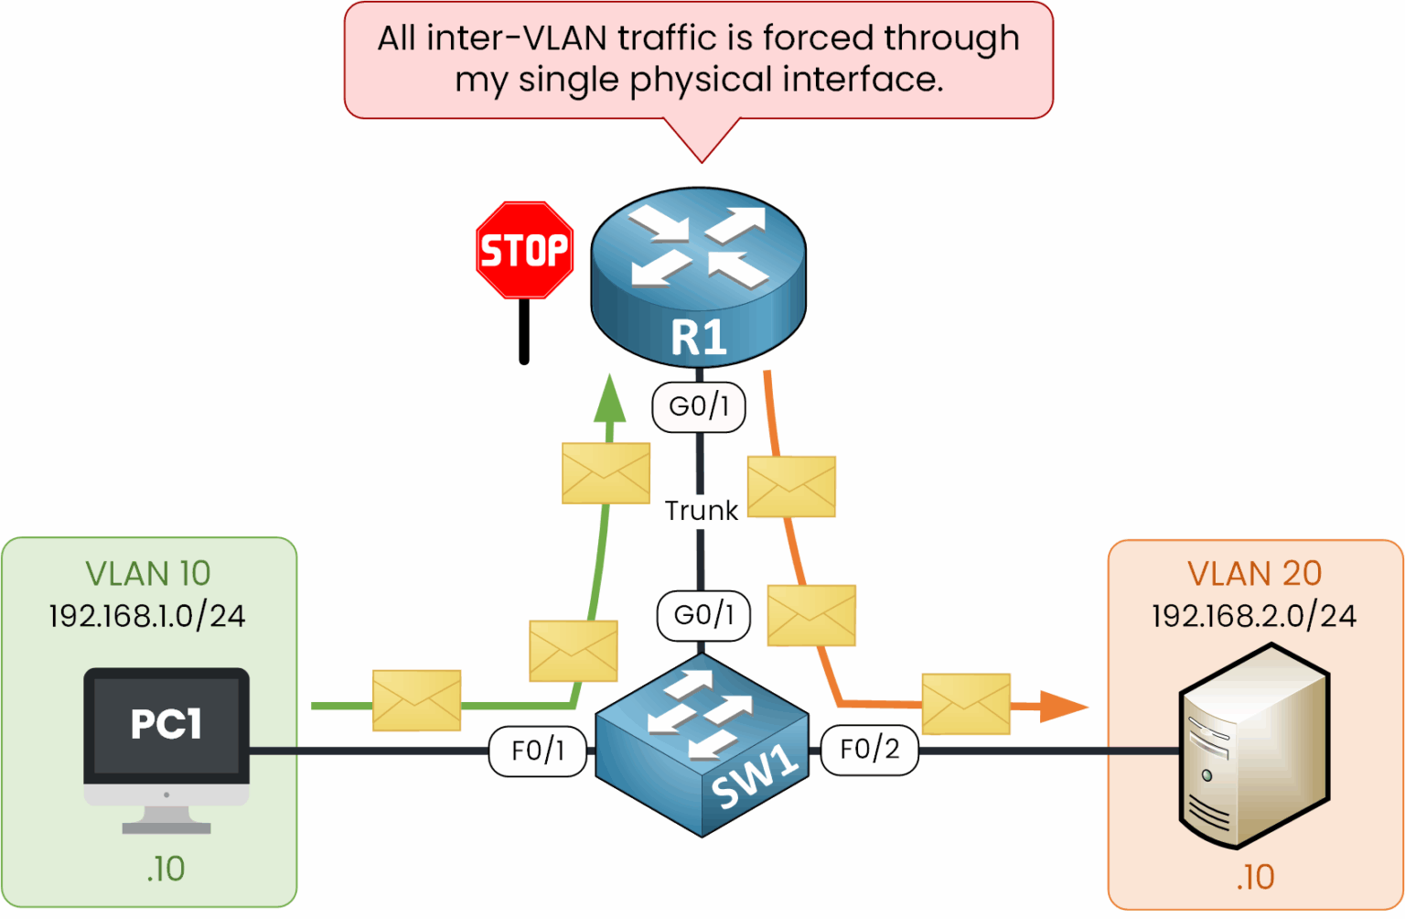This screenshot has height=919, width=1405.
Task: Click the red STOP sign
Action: (524, 251)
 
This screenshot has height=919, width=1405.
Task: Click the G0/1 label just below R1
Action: (699, 406)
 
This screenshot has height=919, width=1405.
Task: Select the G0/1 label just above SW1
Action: (703, 616)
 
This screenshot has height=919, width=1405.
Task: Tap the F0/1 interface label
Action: (538, 751)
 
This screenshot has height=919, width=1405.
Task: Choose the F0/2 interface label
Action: (869, 750)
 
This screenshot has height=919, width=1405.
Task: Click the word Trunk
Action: (701, 511)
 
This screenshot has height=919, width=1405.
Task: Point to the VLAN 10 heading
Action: (148, 574)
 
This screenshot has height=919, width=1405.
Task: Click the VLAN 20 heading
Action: (1254, 574)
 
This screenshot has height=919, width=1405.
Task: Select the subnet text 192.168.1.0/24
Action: (147, 616)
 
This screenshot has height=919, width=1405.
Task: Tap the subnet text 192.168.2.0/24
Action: (1253, 616)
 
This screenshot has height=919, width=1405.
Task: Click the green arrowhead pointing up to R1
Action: (610, 399)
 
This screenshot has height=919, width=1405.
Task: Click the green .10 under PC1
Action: (166, 869)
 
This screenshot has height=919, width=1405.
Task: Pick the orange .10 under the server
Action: (1255, 878)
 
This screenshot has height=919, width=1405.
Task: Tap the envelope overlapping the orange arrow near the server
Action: (965, 704)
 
